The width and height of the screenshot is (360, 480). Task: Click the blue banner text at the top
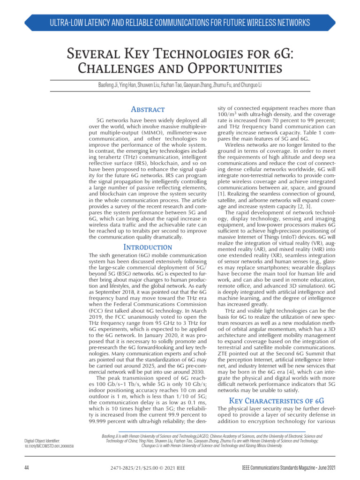click(180, 22)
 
